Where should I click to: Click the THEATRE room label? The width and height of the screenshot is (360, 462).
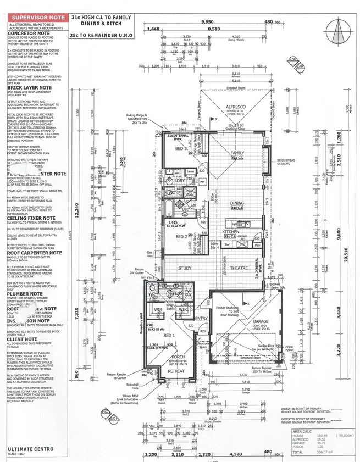click(239, 268)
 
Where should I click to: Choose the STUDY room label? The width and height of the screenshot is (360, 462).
click(184, 268)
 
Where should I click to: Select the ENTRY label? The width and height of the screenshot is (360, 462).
click(200, 318)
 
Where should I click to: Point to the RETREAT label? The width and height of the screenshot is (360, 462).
click(176, 371)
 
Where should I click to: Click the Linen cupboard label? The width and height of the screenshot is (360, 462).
click(190, 172)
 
